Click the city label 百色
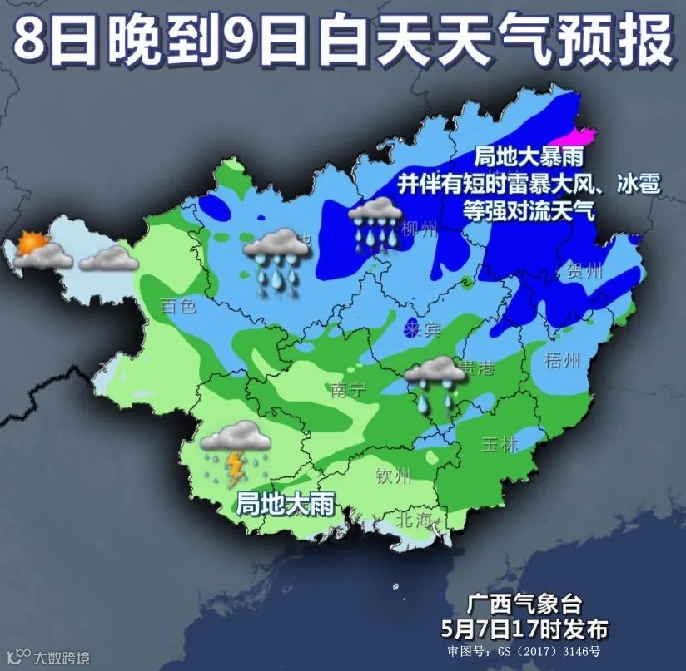click(x=178, y=306)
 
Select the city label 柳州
click(x=418, y=229)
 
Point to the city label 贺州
click(x=583, y=271)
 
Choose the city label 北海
click(x=414, y=521)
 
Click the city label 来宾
click(x=421, y=329)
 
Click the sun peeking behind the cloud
click(x=32, y=243)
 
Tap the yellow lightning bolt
click(x=236, y=468)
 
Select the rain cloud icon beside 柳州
click(x=375, y=220)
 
